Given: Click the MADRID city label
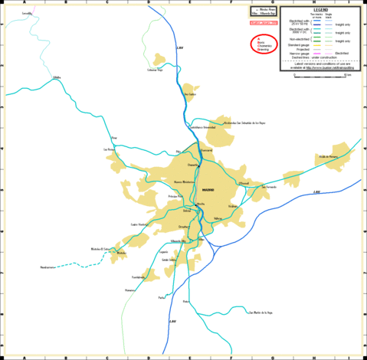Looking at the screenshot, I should [208, 189].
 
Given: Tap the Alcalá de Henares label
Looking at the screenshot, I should [327, 156].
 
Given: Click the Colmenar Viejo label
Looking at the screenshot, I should [156, 70].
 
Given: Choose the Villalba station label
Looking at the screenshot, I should [56, 78].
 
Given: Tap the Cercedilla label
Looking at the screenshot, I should [28, 14].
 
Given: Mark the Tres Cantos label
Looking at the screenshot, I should [191, 95].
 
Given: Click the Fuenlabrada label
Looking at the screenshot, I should [139, 277].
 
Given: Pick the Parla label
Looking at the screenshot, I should [162, 297].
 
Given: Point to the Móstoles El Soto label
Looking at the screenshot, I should [101, 250].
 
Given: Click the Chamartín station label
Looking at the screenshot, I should [192, 164].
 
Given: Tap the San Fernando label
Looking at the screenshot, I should [270, 186].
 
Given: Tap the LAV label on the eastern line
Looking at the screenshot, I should [316, 191].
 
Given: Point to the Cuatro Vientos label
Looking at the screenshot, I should [139, 224].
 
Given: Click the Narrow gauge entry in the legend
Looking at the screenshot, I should [297, 53].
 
